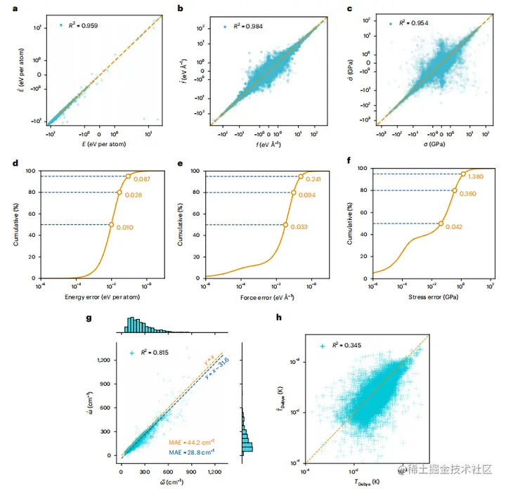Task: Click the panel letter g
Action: tap(89, 319)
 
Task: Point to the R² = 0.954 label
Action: tap(413, 23)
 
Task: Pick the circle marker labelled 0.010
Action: tap(111, 224)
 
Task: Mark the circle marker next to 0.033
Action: tap(285, 224)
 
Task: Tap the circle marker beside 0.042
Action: tap(441, 223)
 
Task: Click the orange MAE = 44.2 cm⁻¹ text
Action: tap(192, 443)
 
